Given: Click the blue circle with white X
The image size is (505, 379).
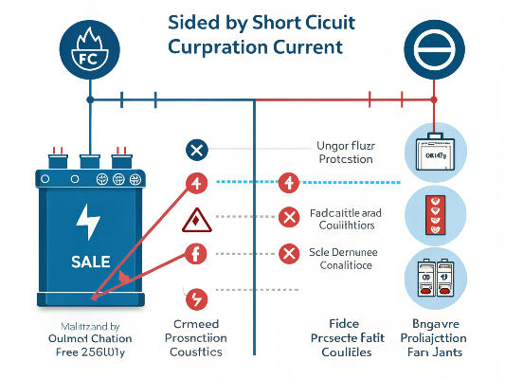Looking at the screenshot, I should (x=197, y=148).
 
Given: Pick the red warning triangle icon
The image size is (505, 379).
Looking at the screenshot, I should (x=197, y=220).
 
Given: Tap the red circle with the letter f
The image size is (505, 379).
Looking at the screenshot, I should (x=197, y=253).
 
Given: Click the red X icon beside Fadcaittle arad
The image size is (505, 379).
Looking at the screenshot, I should (x=290, y=218).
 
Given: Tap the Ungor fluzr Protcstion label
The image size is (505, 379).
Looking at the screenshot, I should (x=343, y=153).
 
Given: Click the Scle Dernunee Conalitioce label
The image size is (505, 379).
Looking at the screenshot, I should (x=343, y=260).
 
